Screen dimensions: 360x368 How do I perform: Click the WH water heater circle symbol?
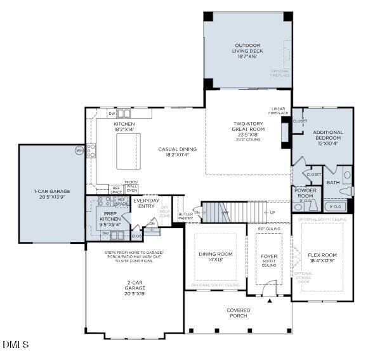[x=79, y=150]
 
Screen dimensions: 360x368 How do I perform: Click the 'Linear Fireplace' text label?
[x=279, y=110]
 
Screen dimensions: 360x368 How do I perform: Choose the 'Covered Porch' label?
[x=239, y=313]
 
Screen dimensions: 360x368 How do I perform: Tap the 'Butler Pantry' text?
[x=185, y=216]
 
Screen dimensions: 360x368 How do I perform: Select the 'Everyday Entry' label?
[x=147, y=203]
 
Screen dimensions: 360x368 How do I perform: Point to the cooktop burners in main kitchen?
[x=91, y=150]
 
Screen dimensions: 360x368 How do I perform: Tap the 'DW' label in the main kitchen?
[x=112, y=114]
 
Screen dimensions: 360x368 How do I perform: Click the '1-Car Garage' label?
[x=52, y=194]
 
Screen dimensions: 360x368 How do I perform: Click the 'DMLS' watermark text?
[x=15, y=345]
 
